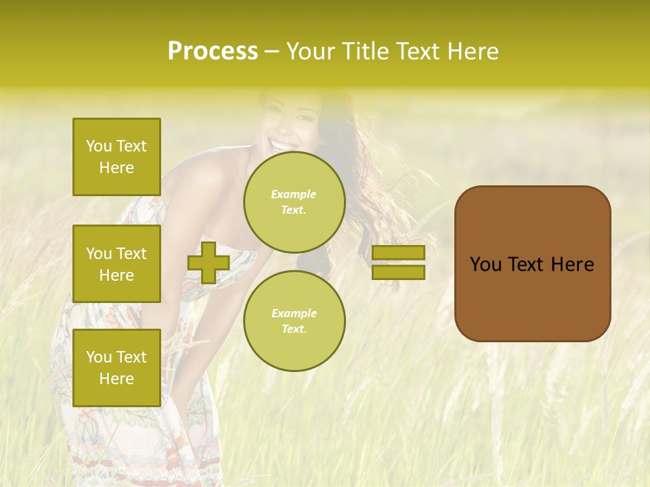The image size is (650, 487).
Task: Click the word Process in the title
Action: click(x=213, y=51)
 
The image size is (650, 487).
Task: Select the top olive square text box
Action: click(x=116, y=157)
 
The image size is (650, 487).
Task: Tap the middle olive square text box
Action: click(x=116, y=264)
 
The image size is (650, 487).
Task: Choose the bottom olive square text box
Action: click(x=116, y=368)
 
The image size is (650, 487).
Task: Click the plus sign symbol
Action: click(x=209, y=262)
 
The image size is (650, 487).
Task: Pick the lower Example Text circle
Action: click(x=294, y=321)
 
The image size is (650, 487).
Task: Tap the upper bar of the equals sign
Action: click(x=399, y=252)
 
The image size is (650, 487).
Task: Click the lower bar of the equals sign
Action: click(x=399, y=272)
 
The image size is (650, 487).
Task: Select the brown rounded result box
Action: click(x=532, y=263)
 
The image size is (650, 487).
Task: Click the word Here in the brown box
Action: click(x=572, y=264)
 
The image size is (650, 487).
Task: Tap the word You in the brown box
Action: click(x=485, y=264)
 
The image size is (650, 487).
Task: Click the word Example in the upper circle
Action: click(x=294, y=194)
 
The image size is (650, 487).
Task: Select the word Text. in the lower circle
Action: click(x=294, y=329)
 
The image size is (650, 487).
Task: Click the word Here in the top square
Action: click(x=116, y=168)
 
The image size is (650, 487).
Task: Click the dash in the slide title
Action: click(x=272, y=51)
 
